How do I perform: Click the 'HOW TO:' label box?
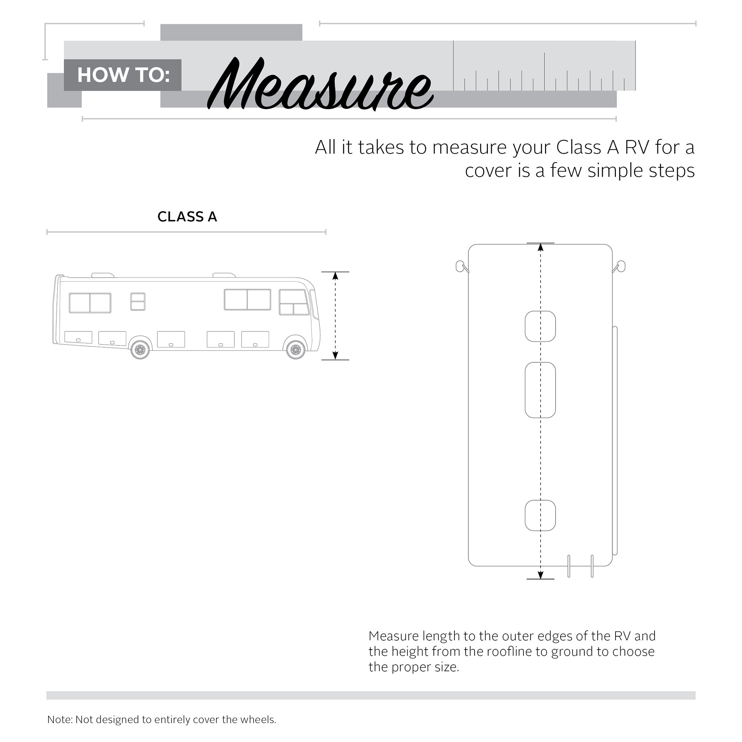[x=122, y=75]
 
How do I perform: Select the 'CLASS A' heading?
[x=187, y=217]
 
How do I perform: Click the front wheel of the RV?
[x=296, y=350]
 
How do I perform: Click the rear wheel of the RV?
[x=140, y=350]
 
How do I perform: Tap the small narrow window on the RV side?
[x=138, y=302]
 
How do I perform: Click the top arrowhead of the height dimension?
[x=335, y=276]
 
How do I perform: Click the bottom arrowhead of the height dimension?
[x=335, y=356]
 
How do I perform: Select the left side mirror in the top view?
[x=460, y=266]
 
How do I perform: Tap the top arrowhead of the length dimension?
[x=541, y=247]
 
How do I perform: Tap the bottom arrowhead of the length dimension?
[x=541, y=575]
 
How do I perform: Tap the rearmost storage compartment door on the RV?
[x=78, y=337]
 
